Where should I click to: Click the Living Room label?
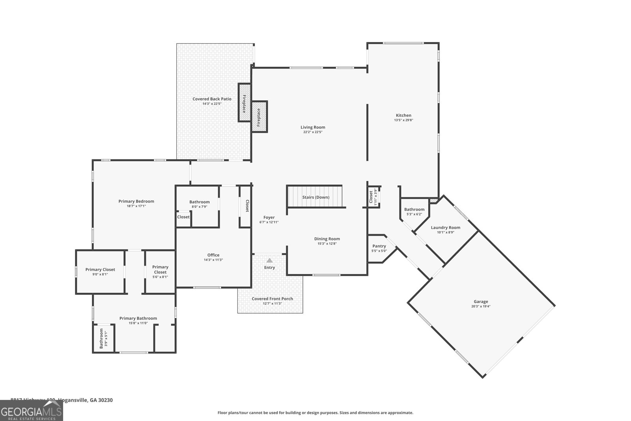[x=313, y=127]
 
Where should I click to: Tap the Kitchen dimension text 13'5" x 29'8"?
[x=403, y=120]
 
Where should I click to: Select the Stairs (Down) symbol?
[x=315, y=197]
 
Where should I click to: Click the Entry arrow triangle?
[x=269, y=260]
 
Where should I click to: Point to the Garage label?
[x=481, y=301]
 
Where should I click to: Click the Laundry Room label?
[x=445, y=228]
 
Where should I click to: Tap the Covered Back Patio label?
[x=212, y=99]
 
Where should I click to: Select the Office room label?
[x=213, y=255]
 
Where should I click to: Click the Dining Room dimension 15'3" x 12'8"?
[x=327, y=244]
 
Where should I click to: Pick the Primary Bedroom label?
[x=136, y=201]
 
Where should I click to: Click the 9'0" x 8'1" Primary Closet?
[x=100, y=272]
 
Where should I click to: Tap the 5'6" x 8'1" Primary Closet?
[x=160, y=272]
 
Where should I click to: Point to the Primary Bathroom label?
[x=138, y=318]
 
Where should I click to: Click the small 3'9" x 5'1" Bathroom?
[x=103, y=339]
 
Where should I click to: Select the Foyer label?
[x=269, y=217]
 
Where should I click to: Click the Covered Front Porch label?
[x=272, y=299]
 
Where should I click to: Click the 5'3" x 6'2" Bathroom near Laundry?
[x=414, y=212]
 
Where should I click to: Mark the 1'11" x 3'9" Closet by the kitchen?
[x=373, y=196]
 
